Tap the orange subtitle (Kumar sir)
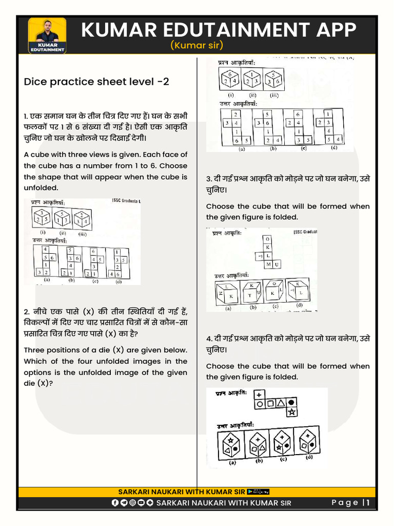tap(196, 46)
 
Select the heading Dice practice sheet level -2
tap(96, 82)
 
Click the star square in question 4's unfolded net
tap(292, 412)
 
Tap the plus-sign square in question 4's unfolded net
tap(260, 394)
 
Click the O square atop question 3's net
tap(267, 239)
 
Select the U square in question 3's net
tap(277, 264)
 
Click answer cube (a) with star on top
tap(229, 444)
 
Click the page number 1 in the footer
tap(368, 503)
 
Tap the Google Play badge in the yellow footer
tap(258, 492)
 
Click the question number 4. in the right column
tap(209, 339)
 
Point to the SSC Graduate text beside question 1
tap(125, 201)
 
